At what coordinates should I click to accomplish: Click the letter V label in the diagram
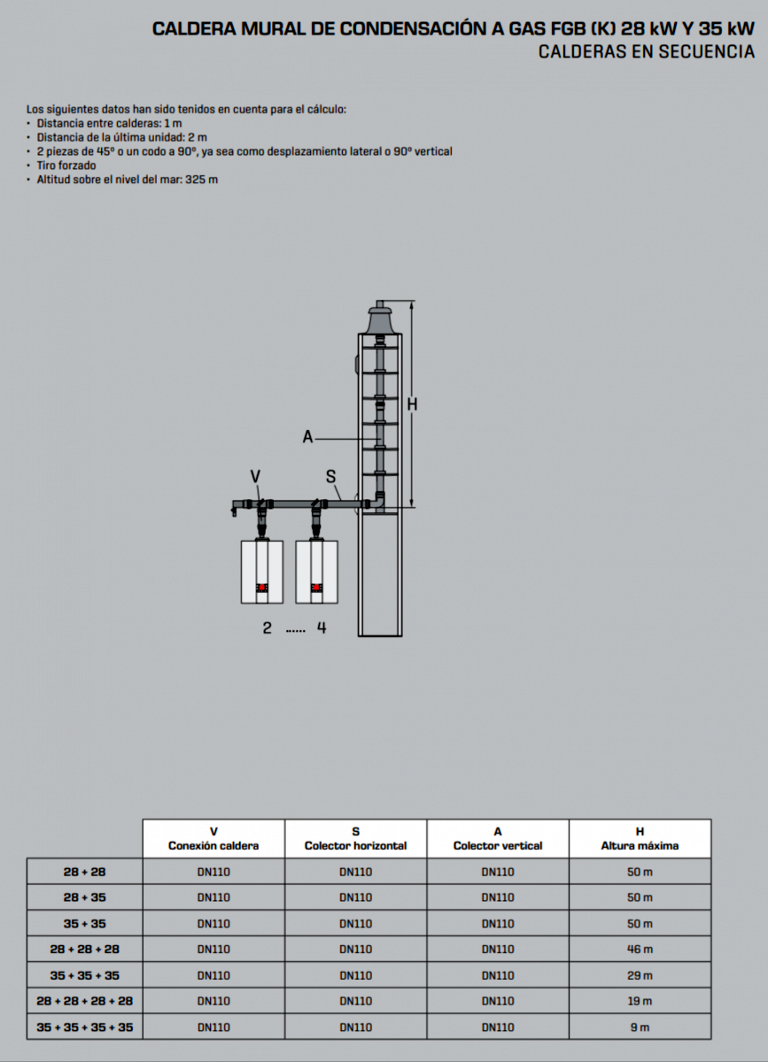pos(255,476)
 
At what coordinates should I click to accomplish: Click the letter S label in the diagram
pos(330,476)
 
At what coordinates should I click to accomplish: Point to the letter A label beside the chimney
pos(307,436)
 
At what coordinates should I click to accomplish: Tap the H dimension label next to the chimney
pos(412,404)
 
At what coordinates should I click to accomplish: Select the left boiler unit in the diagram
pos(262,572)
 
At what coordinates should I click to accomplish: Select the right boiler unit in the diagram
pos(316,572)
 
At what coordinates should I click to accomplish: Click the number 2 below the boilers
pos(267,628)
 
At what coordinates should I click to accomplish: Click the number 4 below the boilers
pos(322,628)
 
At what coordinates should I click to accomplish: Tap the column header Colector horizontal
pos(355,845)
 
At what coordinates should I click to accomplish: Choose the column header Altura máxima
pos(640,845)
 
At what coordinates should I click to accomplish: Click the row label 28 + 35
pos(84,897)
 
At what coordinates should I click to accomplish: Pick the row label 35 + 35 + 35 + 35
pos(84,1027)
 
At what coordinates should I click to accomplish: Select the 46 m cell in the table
pos(640,950)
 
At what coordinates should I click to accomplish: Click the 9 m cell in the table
pos(640,1027)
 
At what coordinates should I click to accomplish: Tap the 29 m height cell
pos(640,975)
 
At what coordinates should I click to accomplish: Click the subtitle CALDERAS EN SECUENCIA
pos(647,52)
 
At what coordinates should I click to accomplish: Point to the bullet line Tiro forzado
pos(66,165)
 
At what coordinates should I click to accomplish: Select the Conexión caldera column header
pos(213,845)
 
